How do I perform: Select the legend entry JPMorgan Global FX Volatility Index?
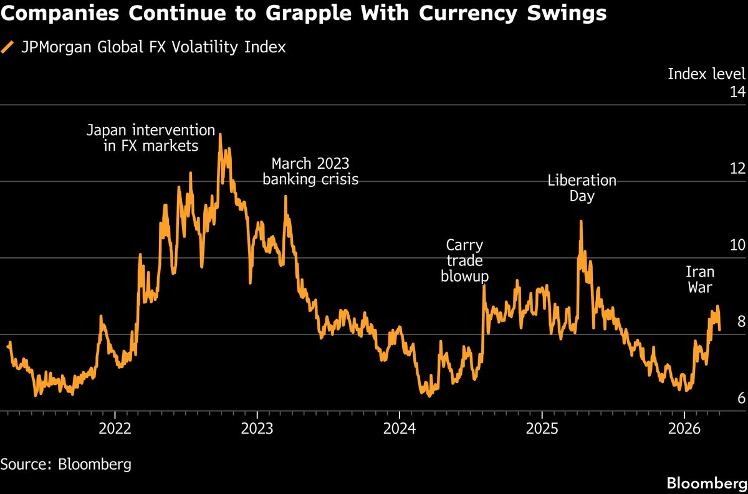coord(153,47)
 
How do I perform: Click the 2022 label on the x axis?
coord(115,429)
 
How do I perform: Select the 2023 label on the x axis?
coord(257,429)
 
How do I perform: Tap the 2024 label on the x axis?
coord(400,429)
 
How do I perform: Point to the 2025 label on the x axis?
coord(542,429)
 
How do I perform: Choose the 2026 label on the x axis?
coord(684,429)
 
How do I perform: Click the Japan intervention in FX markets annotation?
coord(150,138)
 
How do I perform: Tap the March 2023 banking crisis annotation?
coord(310,171)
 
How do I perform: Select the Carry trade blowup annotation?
coord(464,261)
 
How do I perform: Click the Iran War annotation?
coord(700,280)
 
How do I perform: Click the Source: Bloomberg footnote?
coord(65,464)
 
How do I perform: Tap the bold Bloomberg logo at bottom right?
coord(706,483)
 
